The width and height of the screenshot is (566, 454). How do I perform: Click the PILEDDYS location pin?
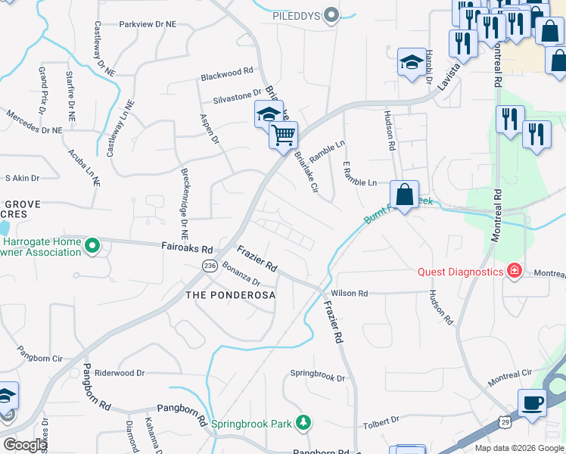(x=331, y=15)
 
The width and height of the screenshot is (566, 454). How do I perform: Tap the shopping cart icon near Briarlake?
(x=284, y=136)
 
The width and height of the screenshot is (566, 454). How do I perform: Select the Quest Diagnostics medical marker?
(x=515, y=271)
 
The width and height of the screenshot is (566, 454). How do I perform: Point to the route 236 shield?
(x=210, y=266)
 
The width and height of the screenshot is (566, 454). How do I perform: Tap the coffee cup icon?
(x=532, y=403)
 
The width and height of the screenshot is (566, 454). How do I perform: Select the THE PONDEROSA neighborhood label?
(x=230, y=295)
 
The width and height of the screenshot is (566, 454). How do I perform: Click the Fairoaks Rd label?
(x=187, y=247)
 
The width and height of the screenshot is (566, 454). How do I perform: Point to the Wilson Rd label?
(x=348, y=294)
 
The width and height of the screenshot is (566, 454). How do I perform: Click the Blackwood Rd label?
(x=226, y=76)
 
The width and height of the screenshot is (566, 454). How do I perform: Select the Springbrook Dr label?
(x=318, y=376)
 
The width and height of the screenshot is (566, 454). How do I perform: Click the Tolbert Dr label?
(x=381, y=420)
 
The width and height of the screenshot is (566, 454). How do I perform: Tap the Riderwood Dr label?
(x=119, y=373)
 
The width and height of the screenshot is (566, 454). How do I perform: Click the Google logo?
(x=25, y=445)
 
